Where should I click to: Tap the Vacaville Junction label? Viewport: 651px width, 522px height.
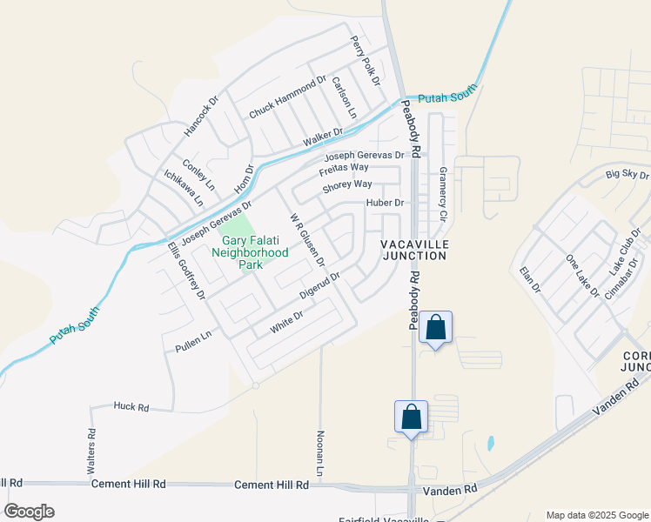tap(413, 250)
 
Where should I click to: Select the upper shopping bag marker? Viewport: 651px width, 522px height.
tap(436, 329)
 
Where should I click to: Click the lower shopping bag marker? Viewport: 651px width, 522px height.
tap(411, 418)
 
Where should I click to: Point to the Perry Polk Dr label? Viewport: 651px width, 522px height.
tap(366, 59)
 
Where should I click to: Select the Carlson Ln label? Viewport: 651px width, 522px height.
tap(345, 97)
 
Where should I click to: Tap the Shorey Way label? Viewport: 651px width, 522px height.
tap(346, 184)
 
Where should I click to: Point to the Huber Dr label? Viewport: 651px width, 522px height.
tap(386, 203)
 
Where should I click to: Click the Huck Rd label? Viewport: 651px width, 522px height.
tap(131, 406)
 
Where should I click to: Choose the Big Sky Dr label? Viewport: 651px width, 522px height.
tap(627, 175)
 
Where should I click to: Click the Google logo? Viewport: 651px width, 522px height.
tap(29, 512)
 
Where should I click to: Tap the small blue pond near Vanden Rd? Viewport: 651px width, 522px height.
tap(491, 443)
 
